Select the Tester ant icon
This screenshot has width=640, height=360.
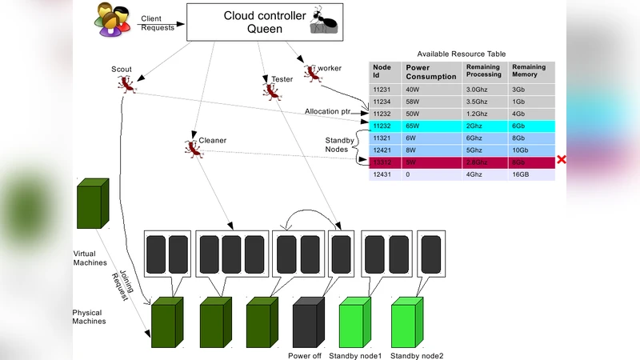(x=270, y=90)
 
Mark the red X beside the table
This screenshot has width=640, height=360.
(x=562, y=160)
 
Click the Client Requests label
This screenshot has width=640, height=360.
(x=156, y=22)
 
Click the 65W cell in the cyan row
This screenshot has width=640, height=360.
(x=413, y=126)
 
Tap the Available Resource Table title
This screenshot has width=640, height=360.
(x=462, y=53)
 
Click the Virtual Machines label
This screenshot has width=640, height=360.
(x=90, y=258)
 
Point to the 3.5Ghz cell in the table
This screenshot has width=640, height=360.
(x=478, y=102)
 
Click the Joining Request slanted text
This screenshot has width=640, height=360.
(x=120, y=282)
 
